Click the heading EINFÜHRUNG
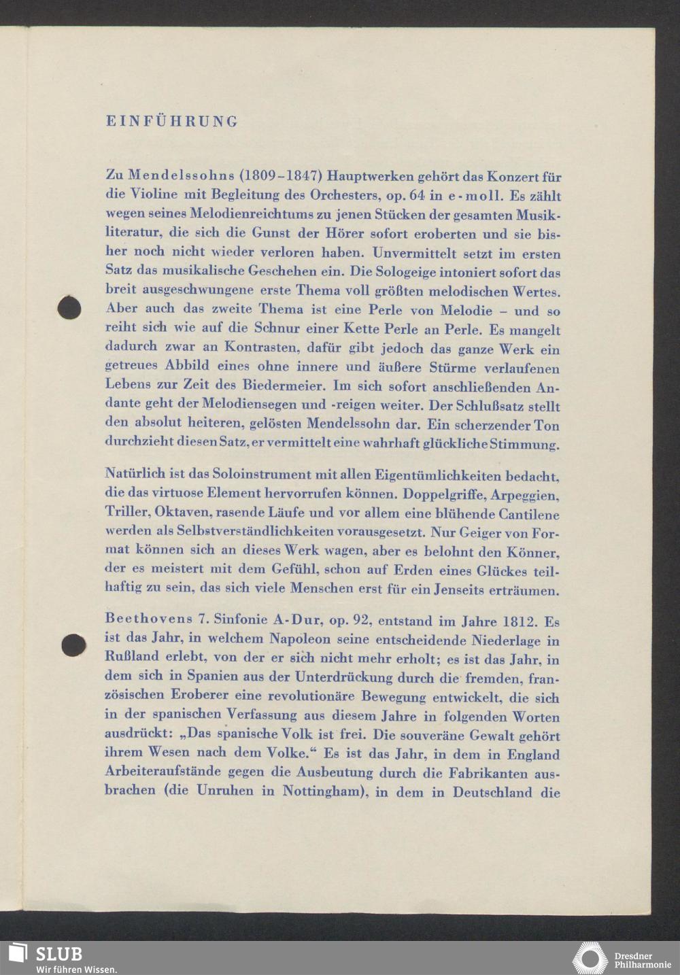coord(172,122)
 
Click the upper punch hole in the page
coord(69,307)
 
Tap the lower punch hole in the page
coord(73,644)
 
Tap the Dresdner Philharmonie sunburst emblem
coord(589,958)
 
